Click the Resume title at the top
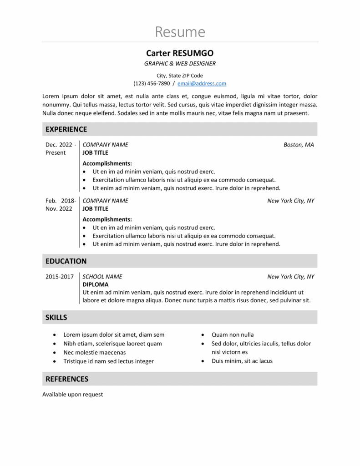180,32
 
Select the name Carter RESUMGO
180,53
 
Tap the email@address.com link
202,84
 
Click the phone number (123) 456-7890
152,84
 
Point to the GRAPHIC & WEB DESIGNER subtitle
180,64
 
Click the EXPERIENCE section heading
66,129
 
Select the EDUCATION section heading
66,261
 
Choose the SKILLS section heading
56,317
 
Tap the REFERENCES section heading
67,379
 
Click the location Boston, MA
299,145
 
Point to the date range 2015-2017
60,277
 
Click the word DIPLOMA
96,284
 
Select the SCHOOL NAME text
102,277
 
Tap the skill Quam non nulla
233,334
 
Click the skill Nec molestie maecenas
94,352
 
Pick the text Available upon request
73,395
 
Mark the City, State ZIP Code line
180,76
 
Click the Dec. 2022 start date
61,145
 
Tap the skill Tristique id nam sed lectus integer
108,361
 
